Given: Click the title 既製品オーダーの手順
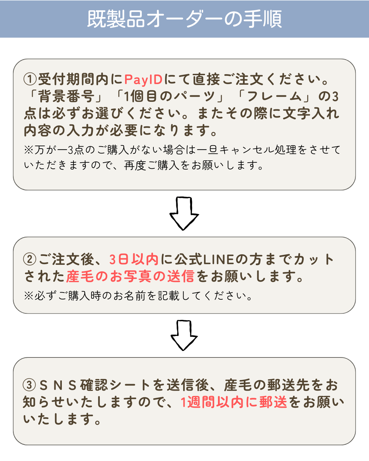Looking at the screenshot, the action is [x=184, y=19].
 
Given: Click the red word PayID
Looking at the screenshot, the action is [x=143, y=80].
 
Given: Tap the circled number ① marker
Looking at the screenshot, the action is [x=30, y=79].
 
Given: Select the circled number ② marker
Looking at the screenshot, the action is [x=30, y=259].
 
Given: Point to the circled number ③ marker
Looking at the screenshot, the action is [x=29, y=385].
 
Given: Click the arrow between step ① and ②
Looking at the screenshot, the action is [x=184, y=213].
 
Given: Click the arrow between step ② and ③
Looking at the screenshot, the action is [x=184, y=335].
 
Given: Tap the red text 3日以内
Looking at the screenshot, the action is [x=134, y=259].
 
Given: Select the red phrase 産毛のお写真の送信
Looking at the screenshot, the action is [x=130, y=276].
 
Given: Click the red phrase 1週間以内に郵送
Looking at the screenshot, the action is [x=234, y=402].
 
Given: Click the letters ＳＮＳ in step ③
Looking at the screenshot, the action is [x=58, y=385].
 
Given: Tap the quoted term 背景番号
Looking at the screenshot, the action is [x=66, y=96].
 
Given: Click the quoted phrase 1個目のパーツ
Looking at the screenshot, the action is [x=169, y=96].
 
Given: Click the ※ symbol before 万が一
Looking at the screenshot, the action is [x=28, y=150].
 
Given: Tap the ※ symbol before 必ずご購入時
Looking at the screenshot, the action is [x=28, y=296].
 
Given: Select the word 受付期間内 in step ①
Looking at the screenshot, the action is [x=73, y=79].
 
